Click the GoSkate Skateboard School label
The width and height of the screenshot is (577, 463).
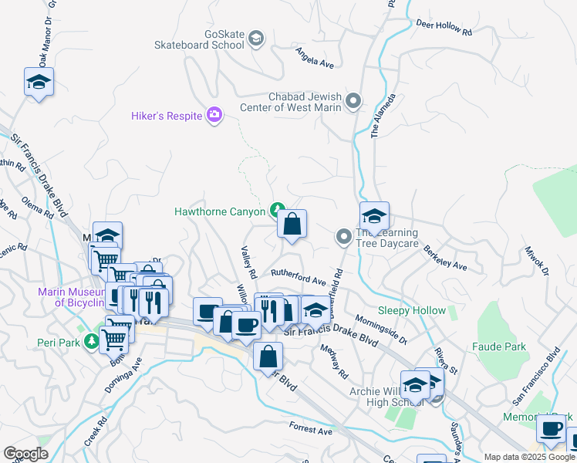click(213, 40)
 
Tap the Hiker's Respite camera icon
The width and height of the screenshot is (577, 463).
click(214, 116)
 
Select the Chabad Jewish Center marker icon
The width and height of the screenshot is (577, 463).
click(353, 101)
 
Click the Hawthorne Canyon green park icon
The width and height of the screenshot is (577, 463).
click(276, 210)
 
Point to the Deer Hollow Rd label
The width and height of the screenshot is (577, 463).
click(443, 28)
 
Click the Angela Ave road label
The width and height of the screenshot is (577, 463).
click(315, 58)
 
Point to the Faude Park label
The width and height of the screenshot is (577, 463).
click(500, 346)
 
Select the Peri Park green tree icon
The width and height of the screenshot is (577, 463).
click(92, 340)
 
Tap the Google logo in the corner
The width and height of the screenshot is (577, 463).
click(25, 454)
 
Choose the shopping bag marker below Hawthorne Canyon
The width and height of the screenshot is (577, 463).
click(292, 225)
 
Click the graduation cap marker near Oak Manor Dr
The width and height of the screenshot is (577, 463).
click(39, 82)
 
